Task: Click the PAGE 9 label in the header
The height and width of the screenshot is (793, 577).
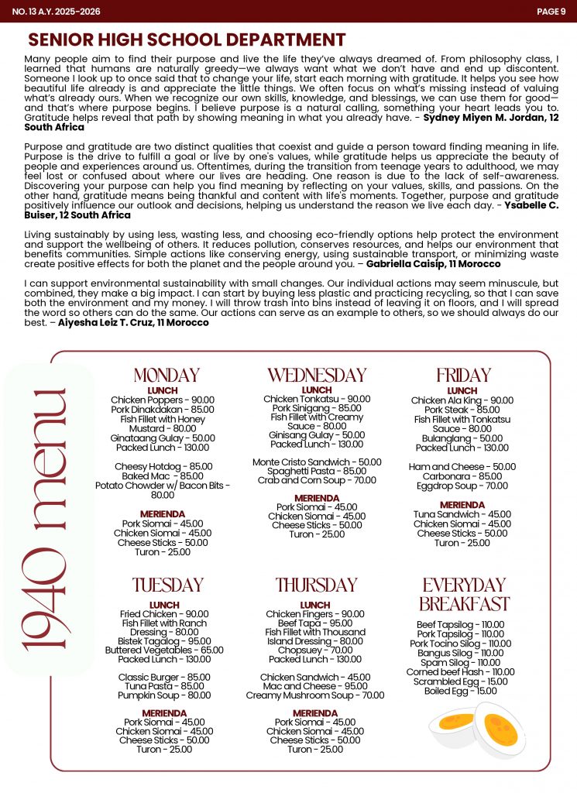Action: click(551, 12)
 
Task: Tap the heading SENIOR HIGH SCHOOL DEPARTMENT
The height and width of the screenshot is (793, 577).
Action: click(187, 40)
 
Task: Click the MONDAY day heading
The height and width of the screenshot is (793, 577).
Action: click(167, 376)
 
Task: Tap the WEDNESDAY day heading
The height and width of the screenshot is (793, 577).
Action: click(317, 376)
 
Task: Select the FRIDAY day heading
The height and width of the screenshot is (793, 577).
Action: click(463, 376)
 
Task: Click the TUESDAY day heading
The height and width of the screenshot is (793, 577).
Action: click(168, 585)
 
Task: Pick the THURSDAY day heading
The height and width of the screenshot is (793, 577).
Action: click(316, 585)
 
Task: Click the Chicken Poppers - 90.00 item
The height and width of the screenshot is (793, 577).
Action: click(163, 400)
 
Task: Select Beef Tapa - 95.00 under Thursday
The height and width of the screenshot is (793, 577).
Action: click(314, 623)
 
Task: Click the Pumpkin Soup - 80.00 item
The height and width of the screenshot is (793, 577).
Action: click(165, 695)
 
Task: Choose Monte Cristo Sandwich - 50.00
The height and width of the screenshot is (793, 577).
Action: click(317, 462)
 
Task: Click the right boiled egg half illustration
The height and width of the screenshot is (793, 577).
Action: click(499, 728)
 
